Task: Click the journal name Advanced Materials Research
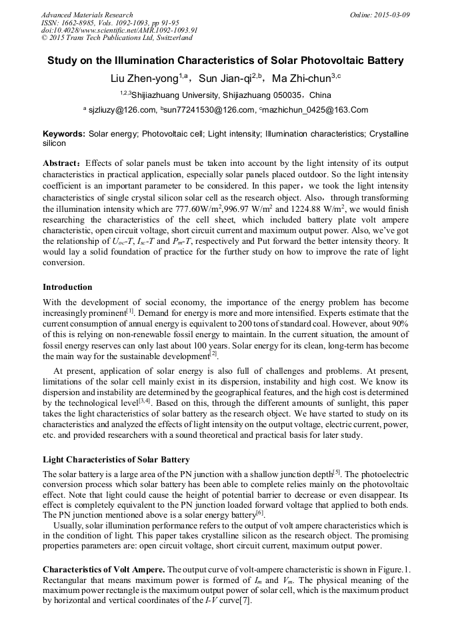pos(87,15)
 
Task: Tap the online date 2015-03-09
pos(389,15)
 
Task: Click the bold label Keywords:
pos(64,134)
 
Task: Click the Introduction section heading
pos(67,287)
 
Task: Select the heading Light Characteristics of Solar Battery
pos(116,460)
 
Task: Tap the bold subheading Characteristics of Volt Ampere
pos(103,570)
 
